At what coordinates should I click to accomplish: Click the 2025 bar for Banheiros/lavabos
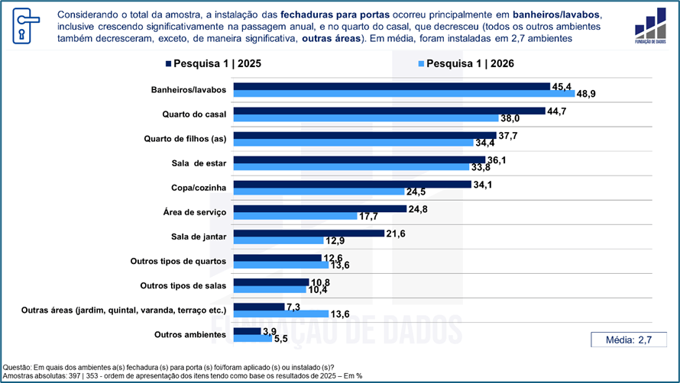point(392,87)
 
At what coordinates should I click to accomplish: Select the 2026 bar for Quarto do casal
point(366,117)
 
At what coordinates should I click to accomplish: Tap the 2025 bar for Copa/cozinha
point(352,185)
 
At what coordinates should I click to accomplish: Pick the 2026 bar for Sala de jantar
point(278,240)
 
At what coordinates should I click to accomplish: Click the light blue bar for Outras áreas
point(281,314)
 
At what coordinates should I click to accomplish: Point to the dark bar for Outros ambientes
point(248,331)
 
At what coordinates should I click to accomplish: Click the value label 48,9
point(586,94)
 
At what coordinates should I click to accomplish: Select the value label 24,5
point(416,192)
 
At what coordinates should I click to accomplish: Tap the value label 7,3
point(293,307)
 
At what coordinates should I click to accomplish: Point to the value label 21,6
point(396,233)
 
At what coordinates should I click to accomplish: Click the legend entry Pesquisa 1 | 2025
point(213,63)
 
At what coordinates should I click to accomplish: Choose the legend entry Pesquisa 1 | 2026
point(466,63)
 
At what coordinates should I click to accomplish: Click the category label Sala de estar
point(199,163)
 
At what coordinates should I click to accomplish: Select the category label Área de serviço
point(195,212)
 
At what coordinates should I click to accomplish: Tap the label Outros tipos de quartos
point(178,261)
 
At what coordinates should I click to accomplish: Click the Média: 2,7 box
point(629,340)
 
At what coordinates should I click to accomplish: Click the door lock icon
point(25,26)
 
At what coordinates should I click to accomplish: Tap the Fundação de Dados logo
point(650,25)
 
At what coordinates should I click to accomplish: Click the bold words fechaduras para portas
point(335,14)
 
